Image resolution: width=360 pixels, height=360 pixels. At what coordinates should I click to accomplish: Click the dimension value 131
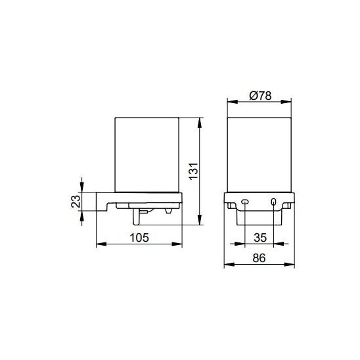pos(193,171)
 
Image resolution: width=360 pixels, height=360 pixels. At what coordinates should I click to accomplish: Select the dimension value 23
pos(76,202)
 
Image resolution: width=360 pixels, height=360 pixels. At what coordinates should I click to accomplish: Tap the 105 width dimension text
pos(139,238)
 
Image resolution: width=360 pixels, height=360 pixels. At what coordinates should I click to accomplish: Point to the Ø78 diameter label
pos(260,96)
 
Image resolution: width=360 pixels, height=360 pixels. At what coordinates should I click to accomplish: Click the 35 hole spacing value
pos(260,238)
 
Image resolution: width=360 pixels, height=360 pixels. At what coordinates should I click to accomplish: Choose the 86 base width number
pos(259,258)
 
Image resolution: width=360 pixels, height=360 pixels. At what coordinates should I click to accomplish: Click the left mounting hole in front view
pos(245,202)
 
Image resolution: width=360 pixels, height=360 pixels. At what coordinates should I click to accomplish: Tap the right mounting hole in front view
pos(273,202)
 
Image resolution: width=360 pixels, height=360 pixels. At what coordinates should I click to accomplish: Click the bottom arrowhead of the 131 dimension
pos(200,219)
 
